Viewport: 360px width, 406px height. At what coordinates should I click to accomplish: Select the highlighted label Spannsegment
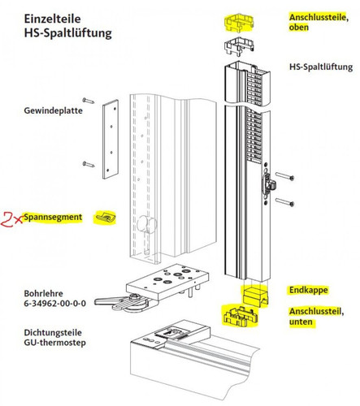tap(50, 218)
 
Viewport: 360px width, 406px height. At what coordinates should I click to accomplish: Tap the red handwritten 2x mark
tap(12, 218)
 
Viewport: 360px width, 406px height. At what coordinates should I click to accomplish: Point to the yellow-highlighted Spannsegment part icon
tap(105, 218)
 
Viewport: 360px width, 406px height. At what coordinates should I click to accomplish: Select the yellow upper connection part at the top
tap(239, 21)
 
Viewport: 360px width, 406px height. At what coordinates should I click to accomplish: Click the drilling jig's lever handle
tap(118, 302)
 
